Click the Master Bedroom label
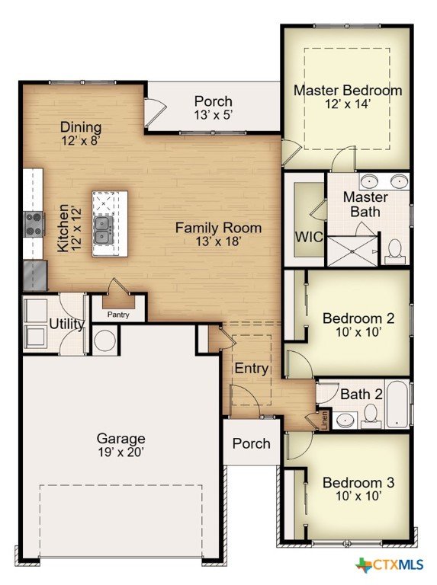pyautogui.click(x=348, y=91)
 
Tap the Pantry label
pyautogui.click(x=118, y=315)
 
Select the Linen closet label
pyautogui.click(x=324, y=420)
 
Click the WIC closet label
pyautogui.click(x=309, y=237)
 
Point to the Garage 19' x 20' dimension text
pyautogui.click(x=121, y=452)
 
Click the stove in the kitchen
pyautogui.click(x=34, y=224)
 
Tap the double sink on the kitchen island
pyautogui.click(x=103, y=230)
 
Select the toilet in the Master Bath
pyautogui.click(x=395, y=249)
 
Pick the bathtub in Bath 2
pyautogui.click(x=398, y=404)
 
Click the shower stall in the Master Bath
pyautogui.click(x=352, y=251)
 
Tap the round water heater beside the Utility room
pyautogui.click(x=104, y=340)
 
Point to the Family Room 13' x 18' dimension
pyautogui.click(x=217, y=241)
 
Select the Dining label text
pyautogui.click(x=81, y=128)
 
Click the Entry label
pyautogui.click(x=252, y=369)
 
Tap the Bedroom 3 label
pyautogui.click(x=358, y=483)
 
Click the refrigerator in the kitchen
pyautogui.click(x=35, y=275)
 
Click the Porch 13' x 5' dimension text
pyautogui.click(x=214, y=115)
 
